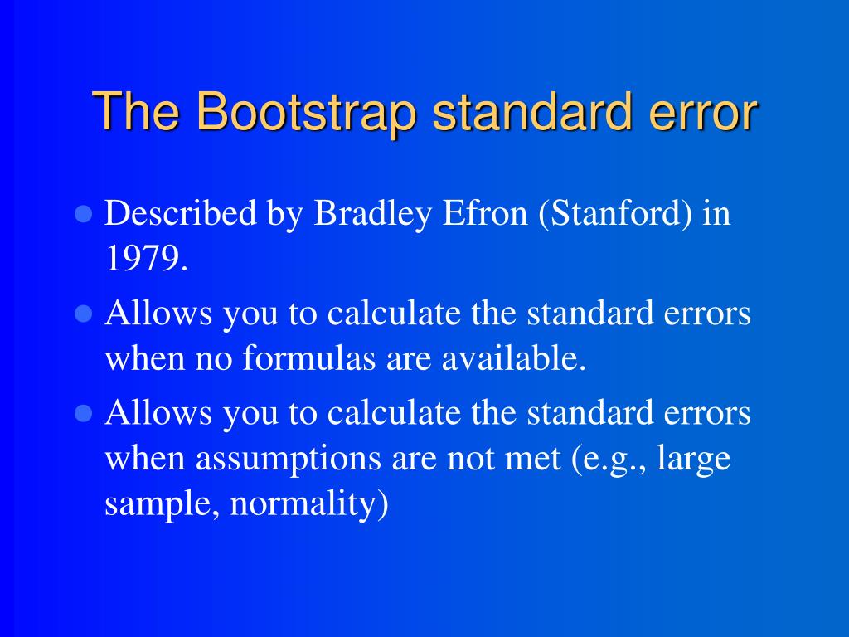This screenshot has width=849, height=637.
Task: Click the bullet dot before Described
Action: [x=82, y=216]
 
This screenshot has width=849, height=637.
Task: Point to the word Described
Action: [x=181, y=215]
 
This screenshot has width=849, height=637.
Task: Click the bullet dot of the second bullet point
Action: [x=82, y=315]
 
